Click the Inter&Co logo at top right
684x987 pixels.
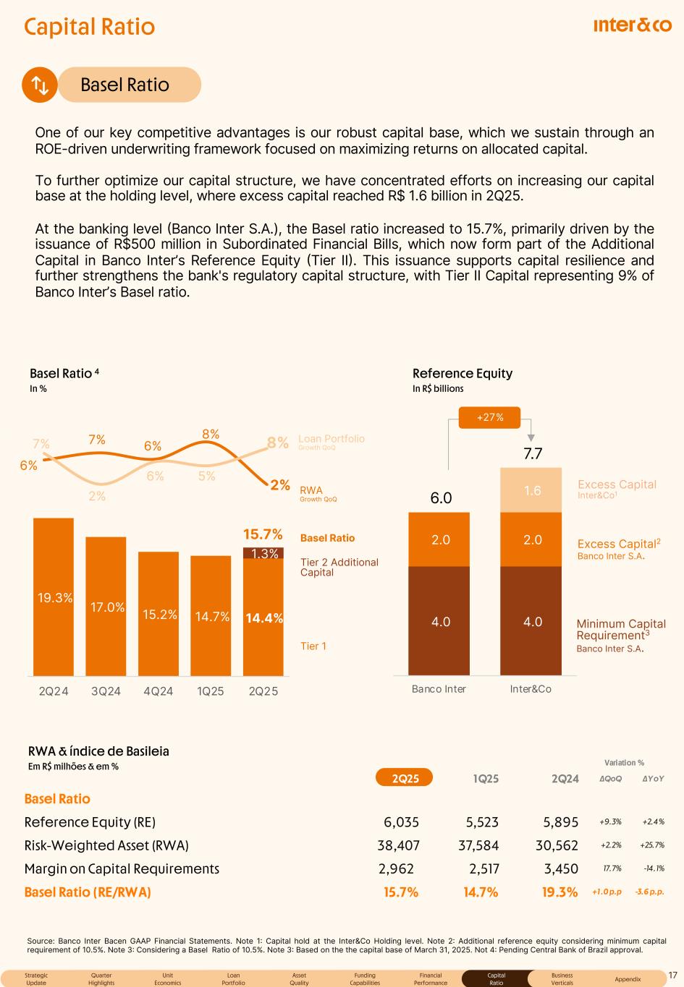[632, 25]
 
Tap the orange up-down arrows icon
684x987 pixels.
[40, 85]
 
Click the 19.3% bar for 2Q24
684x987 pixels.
[54, 597]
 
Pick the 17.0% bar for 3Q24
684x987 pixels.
[106, 606]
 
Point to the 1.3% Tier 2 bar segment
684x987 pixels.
[263, 553]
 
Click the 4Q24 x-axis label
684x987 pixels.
[159, 691]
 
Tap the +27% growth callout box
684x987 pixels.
[490, 416]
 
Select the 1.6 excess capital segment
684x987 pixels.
[532, 490]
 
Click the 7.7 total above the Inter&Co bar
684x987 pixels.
[533, 454]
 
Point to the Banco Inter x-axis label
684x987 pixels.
[439, 689]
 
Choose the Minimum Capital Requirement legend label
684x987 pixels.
[620, 630]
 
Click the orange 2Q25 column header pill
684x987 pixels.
[405, 778]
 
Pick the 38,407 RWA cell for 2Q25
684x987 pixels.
[398, 845]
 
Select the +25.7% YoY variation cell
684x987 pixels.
[652, 845]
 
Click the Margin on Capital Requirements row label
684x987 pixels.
[122, 868]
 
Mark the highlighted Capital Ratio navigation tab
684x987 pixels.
[496, 978]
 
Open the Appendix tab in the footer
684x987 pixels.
[628, 978]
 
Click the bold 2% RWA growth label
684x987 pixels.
[279, 484]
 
